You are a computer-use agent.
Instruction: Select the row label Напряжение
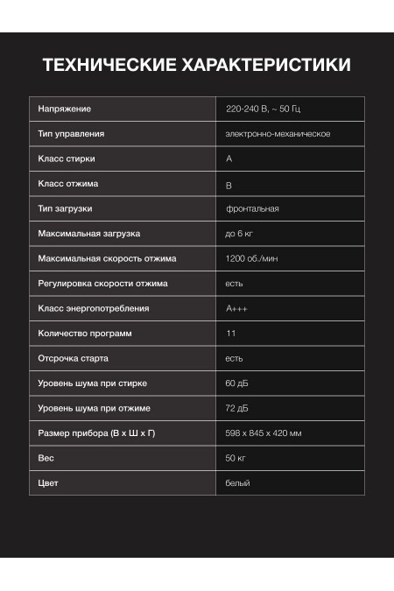65,109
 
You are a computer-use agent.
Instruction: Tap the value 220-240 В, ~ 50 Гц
263,109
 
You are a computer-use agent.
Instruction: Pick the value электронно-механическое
278,134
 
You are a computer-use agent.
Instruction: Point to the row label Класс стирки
67,158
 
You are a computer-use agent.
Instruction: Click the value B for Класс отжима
229,185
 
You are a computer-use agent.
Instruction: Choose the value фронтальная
252,208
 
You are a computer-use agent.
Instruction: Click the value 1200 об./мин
252,258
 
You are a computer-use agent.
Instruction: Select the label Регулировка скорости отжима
102,284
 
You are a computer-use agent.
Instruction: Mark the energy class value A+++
236,308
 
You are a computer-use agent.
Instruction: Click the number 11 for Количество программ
230,334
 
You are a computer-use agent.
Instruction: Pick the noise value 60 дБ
237,383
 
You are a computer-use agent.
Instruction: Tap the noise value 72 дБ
237,408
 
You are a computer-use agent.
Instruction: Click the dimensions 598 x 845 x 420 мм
264,433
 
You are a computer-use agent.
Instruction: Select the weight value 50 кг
236,458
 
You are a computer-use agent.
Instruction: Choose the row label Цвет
48,483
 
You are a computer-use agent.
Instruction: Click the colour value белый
237,483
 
